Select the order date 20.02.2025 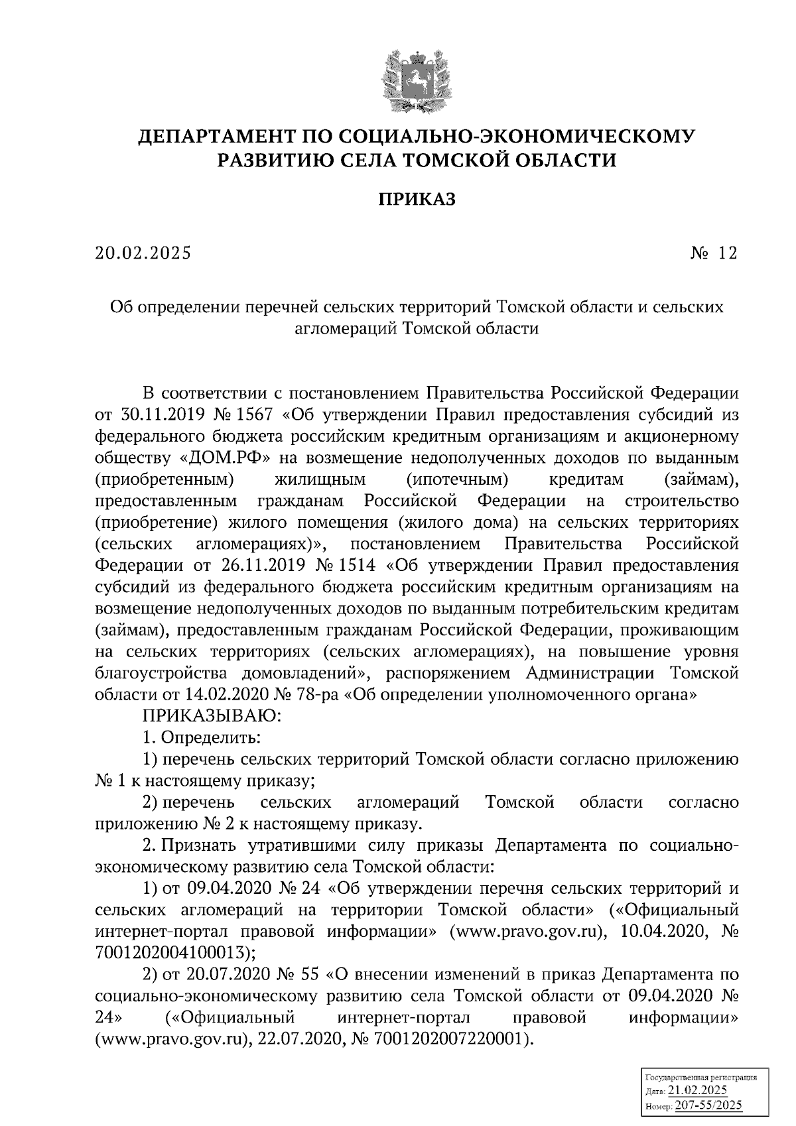coord(143,253)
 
